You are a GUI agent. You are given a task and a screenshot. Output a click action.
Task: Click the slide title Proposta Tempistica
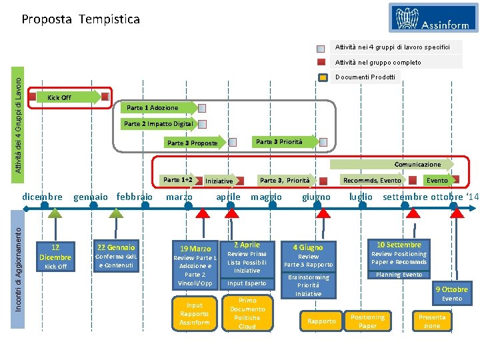tap(81, 19)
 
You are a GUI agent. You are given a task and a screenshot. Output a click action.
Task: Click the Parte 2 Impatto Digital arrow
tap(159, 123)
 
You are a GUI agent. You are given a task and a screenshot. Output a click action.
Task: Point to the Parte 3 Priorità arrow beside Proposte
tap(280, 141)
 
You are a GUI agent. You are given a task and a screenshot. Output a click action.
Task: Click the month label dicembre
tap(42, 197)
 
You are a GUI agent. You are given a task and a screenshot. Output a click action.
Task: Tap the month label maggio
tap(266, 197)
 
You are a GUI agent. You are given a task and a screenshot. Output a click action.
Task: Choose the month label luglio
tap(361, 197)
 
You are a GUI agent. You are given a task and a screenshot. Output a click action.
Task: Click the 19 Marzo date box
tap(195, 249)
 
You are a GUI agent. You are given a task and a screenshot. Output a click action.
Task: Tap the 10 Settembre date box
tap(399, 245)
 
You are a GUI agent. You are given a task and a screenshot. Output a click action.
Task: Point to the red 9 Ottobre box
tap(452, 289)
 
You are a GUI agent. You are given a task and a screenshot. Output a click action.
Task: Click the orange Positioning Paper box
tap(368, 321)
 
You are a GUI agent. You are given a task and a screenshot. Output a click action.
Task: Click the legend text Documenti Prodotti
tap(365, 77)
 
